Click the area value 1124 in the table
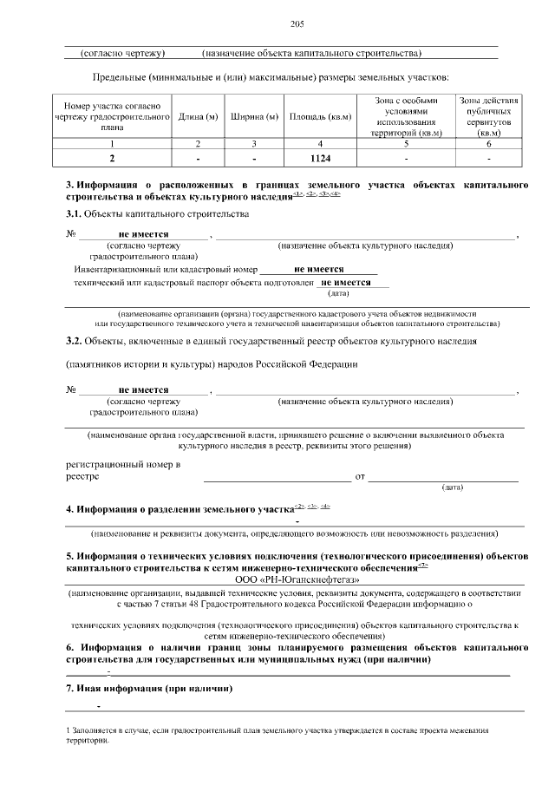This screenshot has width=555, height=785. (320, 159)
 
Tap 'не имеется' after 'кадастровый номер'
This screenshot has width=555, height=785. (319, 269)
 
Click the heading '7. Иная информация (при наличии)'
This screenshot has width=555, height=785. (150, 688)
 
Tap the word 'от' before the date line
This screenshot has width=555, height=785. (361, 476)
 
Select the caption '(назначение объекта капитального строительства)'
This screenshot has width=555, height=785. (311, 54)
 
